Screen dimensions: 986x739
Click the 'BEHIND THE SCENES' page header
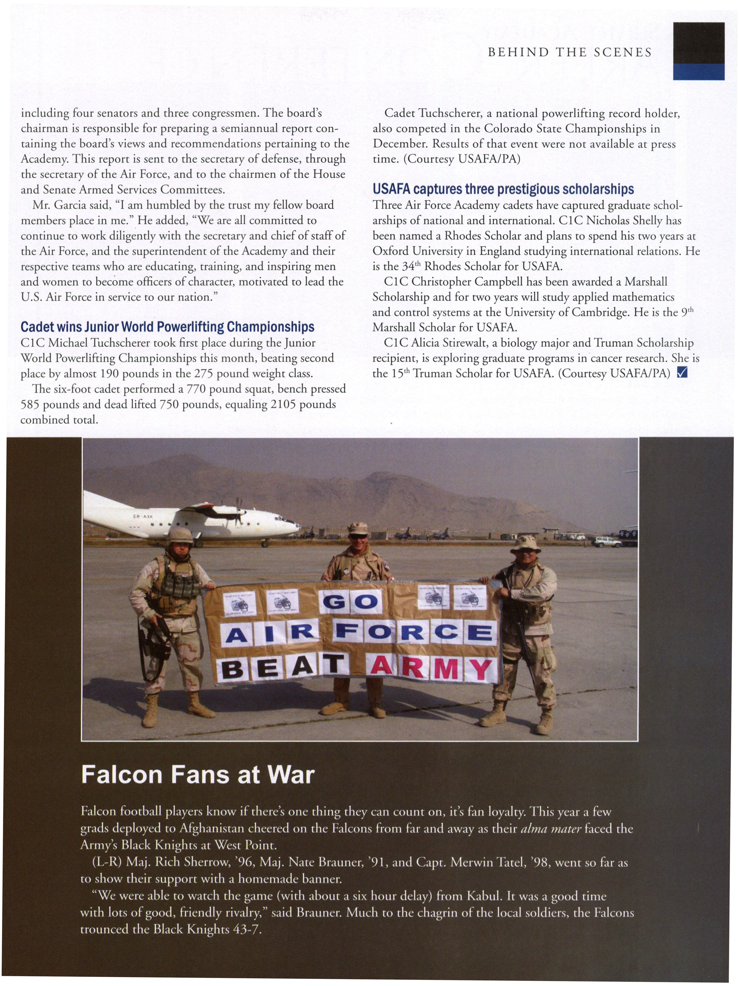pos(570,53)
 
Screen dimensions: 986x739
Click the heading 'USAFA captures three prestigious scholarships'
pos(503,189)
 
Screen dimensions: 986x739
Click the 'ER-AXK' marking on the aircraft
pos(143,517)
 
